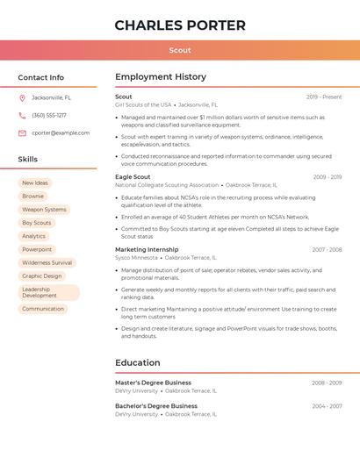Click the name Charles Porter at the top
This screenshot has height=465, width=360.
[x=180, y=25]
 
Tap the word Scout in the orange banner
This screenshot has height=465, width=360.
[x=180, y=50]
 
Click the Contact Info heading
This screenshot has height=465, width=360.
[x=40, y=77]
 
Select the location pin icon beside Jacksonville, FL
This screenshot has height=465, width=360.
[x=22, y=97]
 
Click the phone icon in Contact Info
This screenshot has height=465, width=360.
[x=22, y=115]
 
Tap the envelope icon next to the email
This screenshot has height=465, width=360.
[x=22, y=132]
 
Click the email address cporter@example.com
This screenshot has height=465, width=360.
[x=61, y=132]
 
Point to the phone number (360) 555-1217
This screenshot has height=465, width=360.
[x=49, y=115]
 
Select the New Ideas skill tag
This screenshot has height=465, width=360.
[x=35, y=182]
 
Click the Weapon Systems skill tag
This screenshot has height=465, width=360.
[x=44, y=210]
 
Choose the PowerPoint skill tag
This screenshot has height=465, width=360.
[x=37, y=249]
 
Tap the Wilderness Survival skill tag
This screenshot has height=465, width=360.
[x=47, y=262]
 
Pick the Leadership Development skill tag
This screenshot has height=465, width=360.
[x=48, y=292]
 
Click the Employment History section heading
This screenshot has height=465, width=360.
[x=161, y=77]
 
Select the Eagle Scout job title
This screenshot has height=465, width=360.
[x=133, y=176]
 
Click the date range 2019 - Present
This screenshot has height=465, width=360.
[x=324, y=97]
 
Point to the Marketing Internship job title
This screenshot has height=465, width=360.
[x=147, y=249]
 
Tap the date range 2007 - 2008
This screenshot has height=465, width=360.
[x=327, y=249]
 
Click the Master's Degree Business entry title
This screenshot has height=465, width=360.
[x=153, y=383]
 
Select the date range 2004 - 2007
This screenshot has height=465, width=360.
[x=327, y=406]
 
